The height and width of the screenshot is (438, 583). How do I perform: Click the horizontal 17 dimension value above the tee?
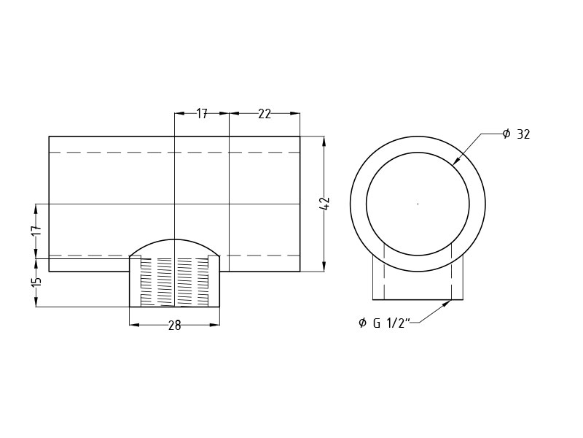[x=202, y=114]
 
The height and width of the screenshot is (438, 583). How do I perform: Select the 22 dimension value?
[x=264, y=114]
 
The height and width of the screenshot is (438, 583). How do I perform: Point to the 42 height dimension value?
[x=325, y=204]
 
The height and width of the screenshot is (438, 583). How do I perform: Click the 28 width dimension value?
[x=174, y=326]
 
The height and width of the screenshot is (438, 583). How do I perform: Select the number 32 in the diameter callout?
[x=523, y=134]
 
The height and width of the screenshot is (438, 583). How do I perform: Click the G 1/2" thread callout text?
[x=392, y=323]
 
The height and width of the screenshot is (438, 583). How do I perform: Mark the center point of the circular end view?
[x=418, y=204]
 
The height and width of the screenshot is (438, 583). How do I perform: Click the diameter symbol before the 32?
[x=506, y=134]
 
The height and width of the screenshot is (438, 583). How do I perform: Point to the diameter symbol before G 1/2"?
[x=362, y=323]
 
